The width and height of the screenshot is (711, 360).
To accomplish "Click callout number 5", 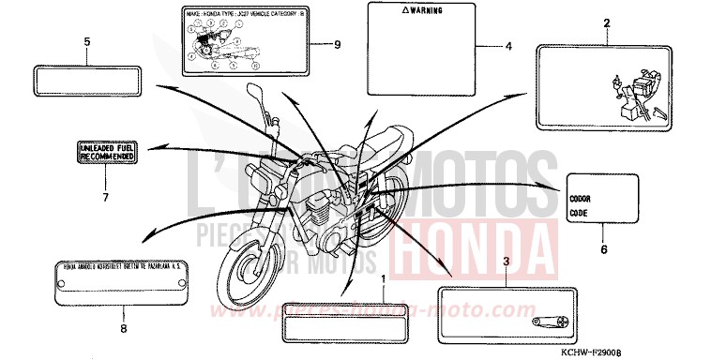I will click(87, 42).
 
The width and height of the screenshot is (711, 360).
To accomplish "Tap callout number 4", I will click(508, 46).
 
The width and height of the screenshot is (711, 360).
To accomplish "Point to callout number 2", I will click(606, 22).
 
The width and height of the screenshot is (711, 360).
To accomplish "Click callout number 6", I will click(603, 249).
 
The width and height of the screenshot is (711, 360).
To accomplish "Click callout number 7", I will click(105, 197).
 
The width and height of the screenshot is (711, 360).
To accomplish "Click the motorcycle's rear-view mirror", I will click(256, 95).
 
